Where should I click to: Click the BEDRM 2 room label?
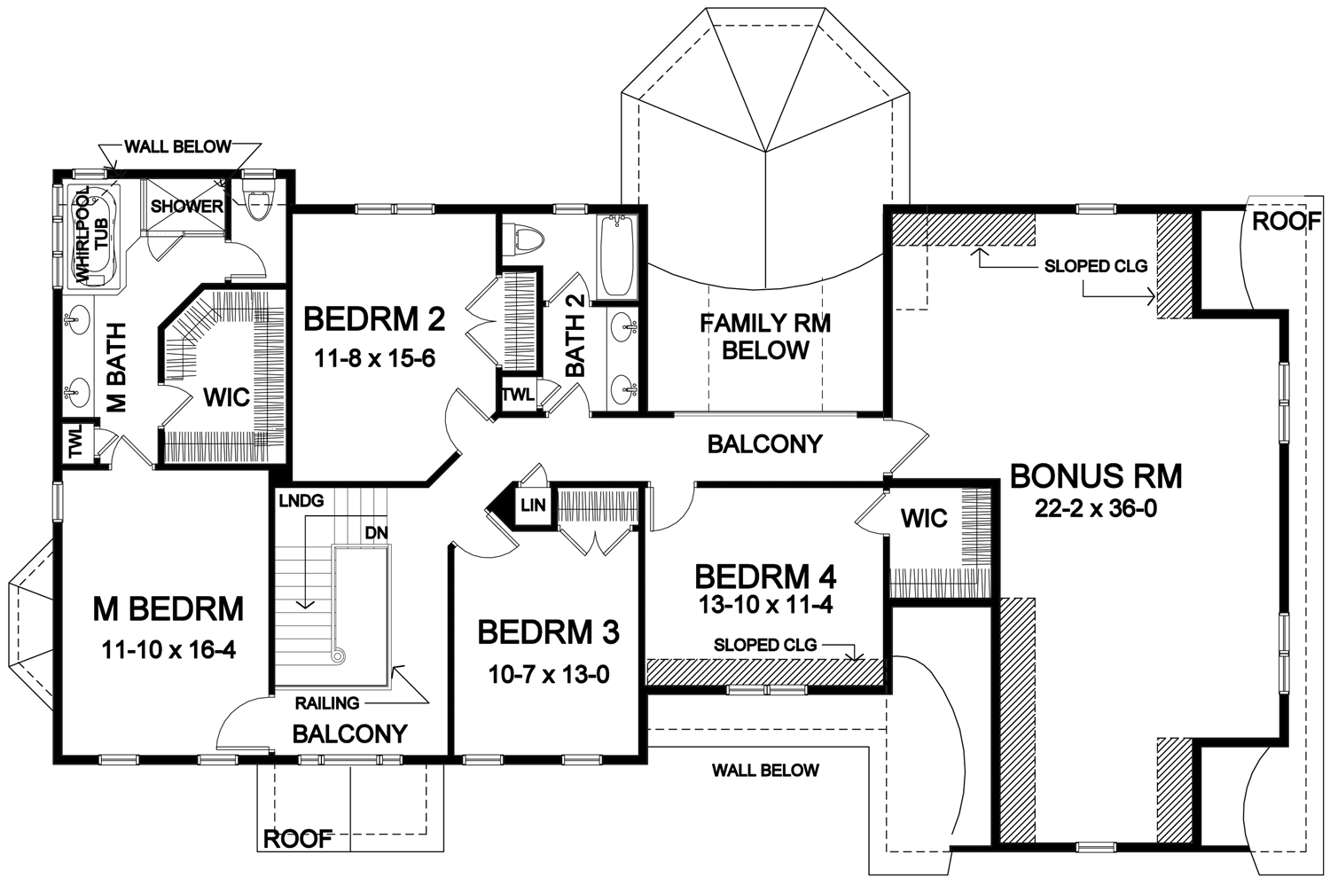click(x=374, y=319)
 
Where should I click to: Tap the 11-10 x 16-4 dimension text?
click(x=168, y=650)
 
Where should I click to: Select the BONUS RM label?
click(x=1096, y=476)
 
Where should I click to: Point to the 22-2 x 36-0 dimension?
click(x=1096, y=509)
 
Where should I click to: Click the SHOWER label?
click(x=186, y=207)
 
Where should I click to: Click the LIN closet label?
click(x=533, y=506)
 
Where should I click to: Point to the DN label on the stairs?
click(x=377, y=533)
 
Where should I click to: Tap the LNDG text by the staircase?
click(x=301, y=501)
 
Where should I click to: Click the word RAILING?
click(x=327, y=703)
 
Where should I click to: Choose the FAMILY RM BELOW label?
click(x=765, y=337)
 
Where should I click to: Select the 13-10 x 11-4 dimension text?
click(x=765, y=605)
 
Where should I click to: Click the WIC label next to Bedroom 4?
click(x=924, y=519)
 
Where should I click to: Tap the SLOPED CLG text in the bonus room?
click(x=1096, y=266)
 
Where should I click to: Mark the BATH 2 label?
click(x=575, y=336)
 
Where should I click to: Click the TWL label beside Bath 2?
click(x=519, y=395)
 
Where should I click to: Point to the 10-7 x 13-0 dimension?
click(x=549, y=675)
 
